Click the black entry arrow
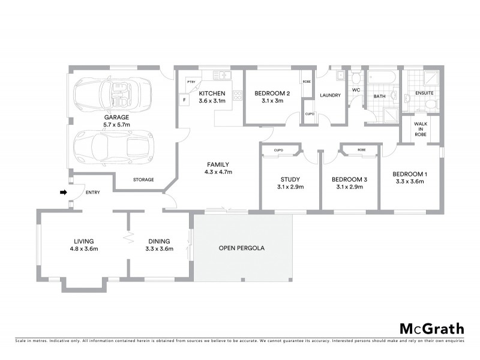62,193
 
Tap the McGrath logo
432,328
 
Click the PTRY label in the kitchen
191,81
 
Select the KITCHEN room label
212,94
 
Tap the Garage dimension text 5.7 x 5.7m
117,125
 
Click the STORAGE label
143,179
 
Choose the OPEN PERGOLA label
242,248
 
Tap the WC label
355,91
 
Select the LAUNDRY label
331,95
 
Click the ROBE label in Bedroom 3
361,150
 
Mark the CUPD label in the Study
278,150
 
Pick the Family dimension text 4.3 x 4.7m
218,172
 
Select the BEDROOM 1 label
411,174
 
